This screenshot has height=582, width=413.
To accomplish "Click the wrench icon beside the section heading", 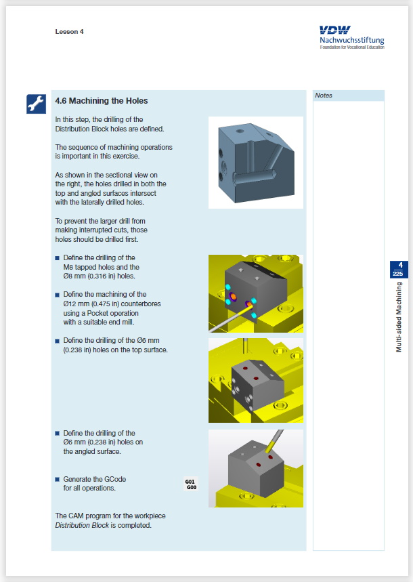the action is tap(36, 104).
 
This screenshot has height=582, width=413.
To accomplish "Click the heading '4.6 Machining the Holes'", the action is tap(102, 101).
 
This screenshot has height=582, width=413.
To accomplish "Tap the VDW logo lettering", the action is tap(334, 30).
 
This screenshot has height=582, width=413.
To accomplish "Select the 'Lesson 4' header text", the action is tap(69, 32).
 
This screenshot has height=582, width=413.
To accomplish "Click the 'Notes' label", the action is tap(324, 96).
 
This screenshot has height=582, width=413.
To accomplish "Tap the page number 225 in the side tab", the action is tap(398, 274).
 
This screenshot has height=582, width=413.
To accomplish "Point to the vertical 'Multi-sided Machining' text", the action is tap(399, 317).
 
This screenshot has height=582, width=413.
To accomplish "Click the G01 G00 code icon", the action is tap(191, 484).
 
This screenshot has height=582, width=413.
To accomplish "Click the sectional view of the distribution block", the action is tap(256, 163).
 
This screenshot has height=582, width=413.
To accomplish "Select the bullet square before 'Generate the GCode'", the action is tap(57, 480).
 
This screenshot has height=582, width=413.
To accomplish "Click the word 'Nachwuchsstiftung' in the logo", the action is tap(352, 40).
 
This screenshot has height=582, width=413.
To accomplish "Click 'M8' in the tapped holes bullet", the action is tap(68, 267).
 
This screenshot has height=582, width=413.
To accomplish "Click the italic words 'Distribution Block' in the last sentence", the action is tap(82, 525).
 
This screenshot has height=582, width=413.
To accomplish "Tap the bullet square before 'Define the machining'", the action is tap(57, 295).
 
